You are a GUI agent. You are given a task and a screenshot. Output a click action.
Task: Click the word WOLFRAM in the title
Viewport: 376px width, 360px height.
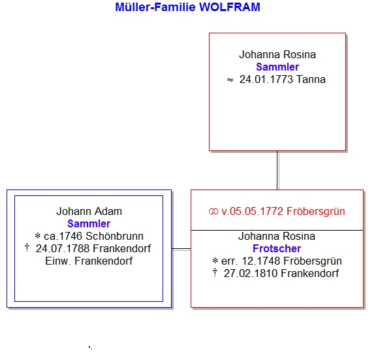[x=230, y=7]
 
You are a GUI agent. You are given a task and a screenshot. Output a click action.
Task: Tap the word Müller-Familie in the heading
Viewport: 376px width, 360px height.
[x=155, y=7]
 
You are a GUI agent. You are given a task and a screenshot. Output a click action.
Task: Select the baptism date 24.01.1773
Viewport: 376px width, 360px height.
[x=266, y=80]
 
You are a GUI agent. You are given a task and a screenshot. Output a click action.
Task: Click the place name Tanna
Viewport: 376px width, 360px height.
[x=311, y=80]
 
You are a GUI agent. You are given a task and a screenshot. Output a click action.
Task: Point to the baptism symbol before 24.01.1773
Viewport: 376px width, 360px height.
[x=230, y=80]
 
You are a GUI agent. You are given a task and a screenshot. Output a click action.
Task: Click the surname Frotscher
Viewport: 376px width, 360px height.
[x=277, y=248]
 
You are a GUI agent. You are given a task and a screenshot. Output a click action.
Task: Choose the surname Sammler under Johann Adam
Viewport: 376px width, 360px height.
[x=89, y=223]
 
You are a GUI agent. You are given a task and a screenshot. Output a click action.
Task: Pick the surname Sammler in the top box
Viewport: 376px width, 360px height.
[x=277, y=67]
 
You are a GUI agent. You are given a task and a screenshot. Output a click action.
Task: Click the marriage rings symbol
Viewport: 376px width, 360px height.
[x=213, y=212]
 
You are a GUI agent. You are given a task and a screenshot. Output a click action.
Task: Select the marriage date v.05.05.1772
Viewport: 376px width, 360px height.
[x=252, y=212]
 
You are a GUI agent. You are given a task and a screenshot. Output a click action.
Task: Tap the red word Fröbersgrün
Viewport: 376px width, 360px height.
[x=316, y=212]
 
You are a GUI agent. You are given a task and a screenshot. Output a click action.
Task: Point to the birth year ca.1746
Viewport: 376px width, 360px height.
[x=63, y=236]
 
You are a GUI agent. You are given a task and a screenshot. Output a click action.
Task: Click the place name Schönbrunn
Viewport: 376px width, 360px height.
[x=115, y=236]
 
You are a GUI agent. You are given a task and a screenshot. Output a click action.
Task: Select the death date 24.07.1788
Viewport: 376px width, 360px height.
[x=63, y=248]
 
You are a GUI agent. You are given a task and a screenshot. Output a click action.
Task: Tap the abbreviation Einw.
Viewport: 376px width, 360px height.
[x=58, y=261]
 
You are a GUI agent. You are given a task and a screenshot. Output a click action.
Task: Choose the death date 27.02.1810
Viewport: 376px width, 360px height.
[x=251, y=273]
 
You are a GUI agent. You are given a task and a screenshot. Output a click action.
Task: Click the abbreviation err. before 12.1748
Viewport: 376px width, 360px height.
[x=230, y=261]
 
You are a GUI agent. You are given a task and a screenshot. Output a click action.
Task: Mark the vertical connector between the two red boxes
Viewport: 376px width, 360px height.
[x=277, y=171]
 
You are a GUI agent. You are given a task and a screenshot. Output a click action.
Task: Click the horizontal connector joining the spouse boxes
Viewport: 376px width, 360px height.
[x=181, y=250]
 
